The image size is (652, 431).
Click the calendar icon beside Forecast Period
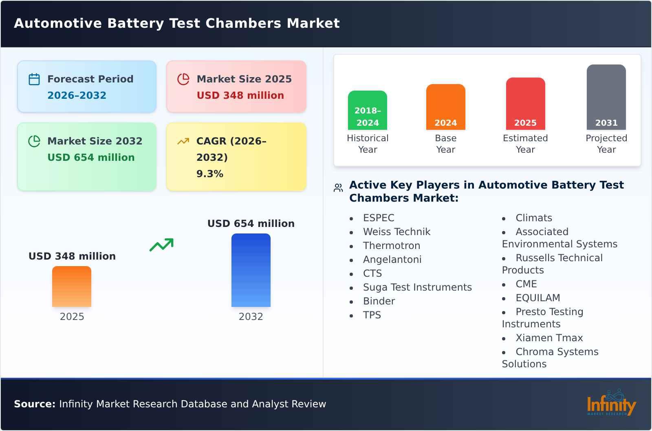pos(34,79)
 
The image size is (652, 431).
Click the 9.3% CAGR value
pos(209,174)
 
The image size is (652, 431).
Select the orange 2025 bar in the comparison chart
pos(72,287)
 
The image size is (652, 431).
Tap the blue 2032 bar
pos(251,270)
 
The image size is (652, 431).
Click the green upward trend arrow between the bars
pos(161,245)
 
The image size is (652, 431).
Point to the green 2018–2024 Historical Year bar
pos(367,110)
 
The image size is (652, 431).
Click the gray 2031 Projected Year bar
pos(606,97)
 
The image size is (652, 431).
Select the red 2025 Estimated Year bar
pos(525,104)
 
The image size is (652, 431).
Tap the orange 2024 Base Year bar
pos(445,107)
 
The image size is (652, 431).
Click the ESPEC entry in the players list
pos(379,218)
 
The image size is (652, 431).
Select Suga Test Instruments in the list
pos(417,287)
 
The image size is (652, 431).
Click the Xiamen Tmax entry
pos(549,338)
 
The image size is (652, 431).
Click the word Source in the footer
pos(34,404)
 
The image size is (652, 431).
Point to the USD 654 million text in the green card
pos(91,158)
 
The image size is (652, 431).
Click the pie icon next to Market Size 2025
pos(183,79)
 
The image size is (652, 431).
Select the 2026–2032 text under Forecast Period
pos(77,96)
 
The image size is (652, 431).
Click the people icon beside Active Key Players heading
pos(338,188)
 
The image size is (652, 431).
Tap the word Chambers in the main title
pos(243,23)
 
